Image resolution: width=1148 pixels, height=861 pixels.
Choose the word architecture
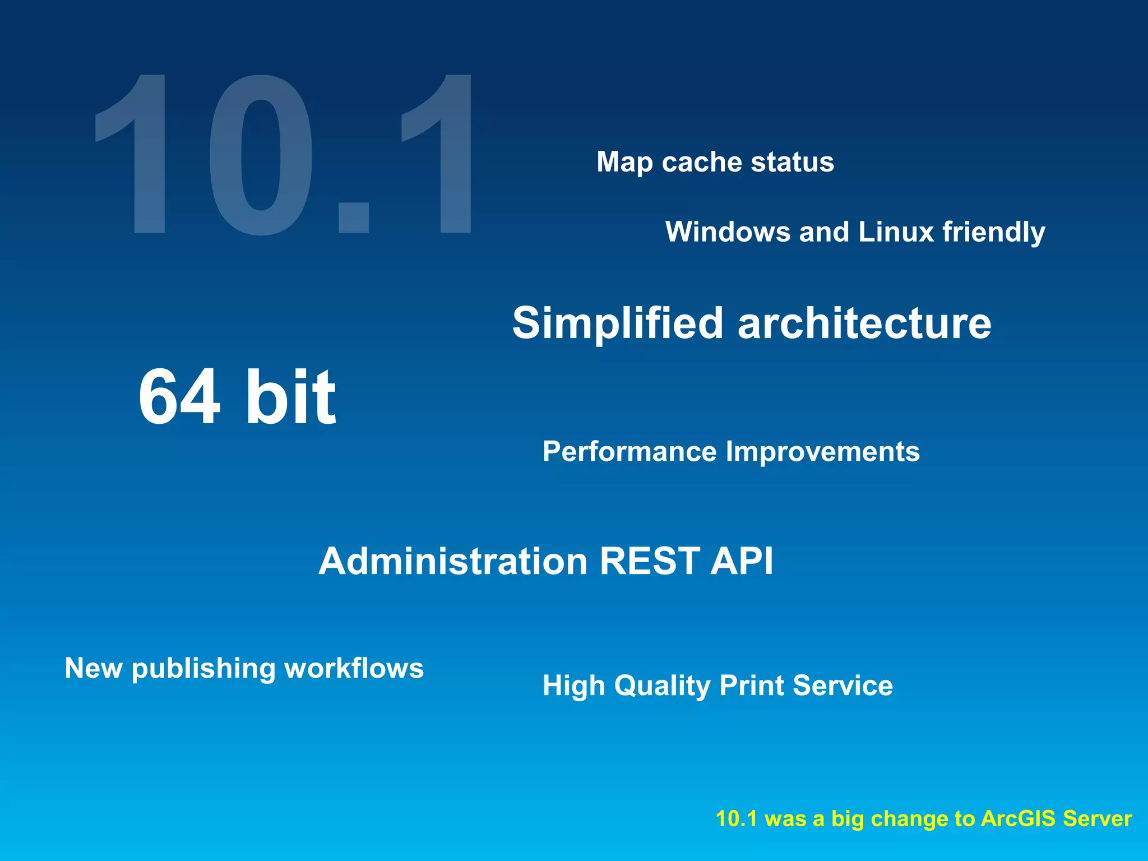pyautogui.click(x=864, y=323)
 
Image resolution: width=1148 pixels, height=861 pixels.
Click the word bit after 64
pyautogui.click(x=290, y=397)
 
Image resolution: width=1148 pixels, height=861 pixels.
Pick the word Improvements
pyautogui.click(x=822, y=452)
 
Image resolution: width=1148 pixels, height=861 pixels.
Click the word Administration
pyautogui.click(x=453, y=561)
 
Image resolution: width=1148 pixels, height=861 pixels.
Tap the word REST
pyautogui.click(x=650, y=561)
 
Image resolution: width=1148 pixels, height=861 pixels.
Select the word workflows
pyautogui.click(x=354, y=668)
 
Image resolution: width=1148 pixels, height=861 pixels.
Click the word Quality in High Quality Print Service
pyautogui.click(x=662, y=686)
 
